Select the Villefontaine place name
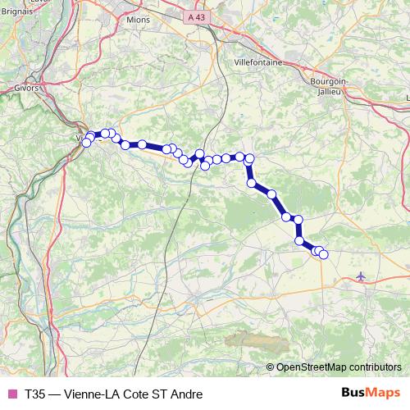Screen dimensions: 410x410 pyautogui.click(x=257, y=62)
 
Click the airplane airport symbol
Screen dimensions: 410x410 pyautogui.click(x=362, y=277)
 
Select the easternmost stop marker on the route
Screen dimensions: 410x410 pyautogui.click(x=323, y=254)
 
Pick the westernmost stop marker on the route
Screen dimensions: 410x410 pyautogui.click(x=86, y=143)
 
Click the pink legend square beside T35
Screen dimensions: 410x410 pyautogui.click(x=11, y=394)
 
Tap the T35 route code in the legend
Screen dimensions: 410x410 pyautogui.click(x=35, y=394)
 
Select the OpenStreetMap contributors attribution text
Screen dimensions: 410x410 pyautogui.click(x=339, y=367)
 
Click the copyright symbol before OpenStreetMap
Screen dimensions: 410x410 pyautogui.click(x=271, y=367)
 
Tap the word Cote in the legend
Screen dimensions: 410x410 pyautogui.click(x=136, y=394)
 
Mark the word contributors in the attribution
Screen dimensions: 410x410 pyautogui.click(x=375, y=367)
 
